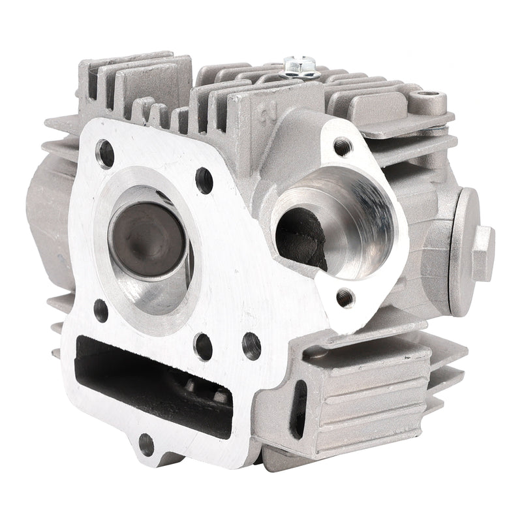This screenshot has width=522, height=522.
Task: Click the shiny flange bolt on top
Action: click(301, 67)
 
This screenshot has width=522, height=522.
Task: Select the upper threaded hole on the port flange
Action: click(342, 146)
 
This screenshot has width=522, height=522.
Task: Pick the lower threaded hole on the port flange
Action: click(345, 298)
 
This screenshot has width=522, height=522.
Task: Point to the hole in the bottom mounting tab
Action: click(146, 444)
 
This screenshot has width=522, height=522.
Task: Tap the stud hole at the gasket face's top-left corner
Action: click(105, 154)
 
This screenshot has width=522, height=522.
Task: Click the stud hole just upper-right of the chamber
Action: click(204, 180)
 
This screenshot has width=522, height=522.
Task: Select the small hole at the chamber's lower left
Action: click(100, 310)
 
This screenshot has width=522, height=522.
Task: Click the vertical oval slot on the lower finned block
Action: click(301, 409)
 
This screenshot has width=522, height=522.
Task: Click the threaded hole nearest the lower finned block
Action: click(251, 346)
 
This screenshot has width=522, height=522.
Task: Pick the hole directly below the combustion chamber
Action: click(203, 346)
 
